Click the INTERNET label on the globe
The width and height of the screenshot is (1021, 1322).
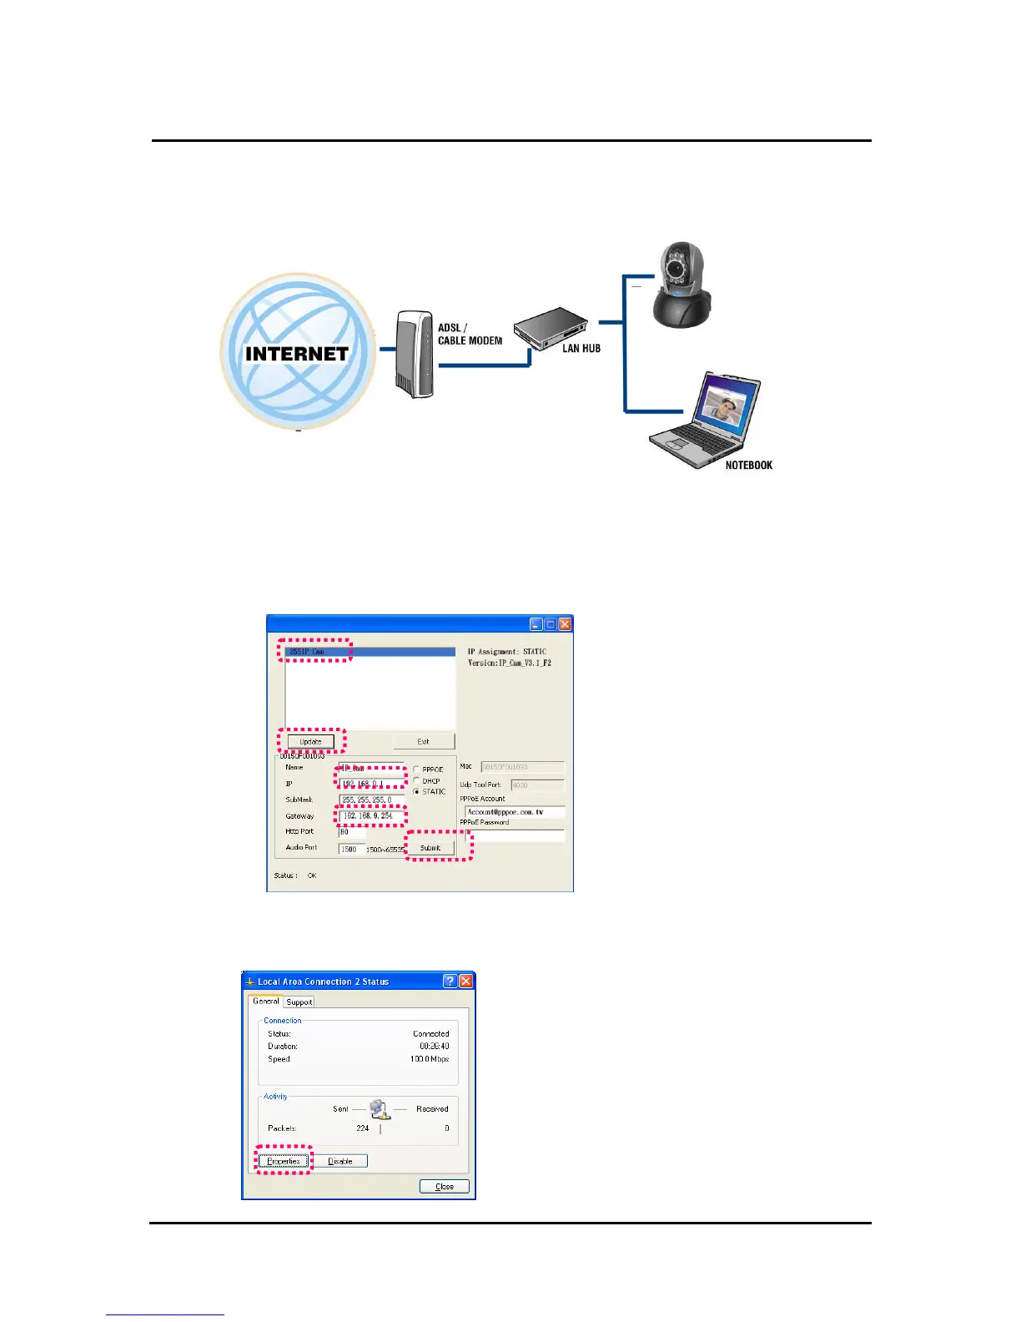tap(296, 354)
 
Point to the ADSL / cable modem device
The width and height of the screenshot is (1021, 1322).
tap(414, 355)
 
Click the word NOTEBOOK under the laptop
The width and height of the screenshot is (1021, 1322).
tap(748, 466)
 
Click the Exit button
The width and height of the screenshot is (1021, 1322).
tap(423, 741)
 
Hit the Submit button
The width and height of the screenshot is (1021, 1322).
tap(430, 848)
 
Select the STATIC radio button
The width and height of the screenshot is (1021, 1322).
tap(416, 792)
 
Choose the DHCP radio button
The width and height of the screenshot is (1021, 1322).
tap(416, 781)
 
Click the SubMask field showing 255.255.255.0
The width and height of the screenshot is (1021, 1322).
tap(371, 800)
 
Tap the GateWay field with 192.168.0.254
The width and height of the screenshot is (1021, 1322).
tap(371, 815)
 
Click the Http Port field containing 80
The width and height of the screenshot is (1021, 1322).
tap(351, 832)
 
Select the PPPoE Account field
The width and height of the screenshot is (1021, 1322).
tap(514, 812)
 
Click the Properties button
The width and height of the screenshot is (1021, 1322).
tap(284, 1161)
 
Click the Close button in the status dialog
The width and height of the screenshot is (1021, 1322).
tap(444, 1186)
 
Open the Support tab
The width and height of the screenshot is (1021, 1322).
tap(299, 1002)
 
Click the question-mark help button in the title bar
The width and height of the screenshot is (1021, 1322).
tap(450, 981)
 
